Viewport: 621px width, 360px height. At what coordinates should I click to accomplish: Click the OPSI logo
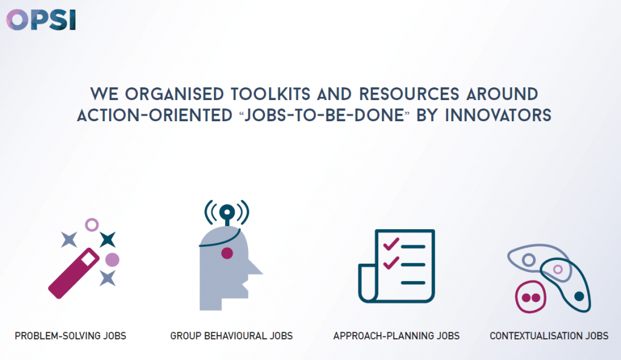pos(41,20)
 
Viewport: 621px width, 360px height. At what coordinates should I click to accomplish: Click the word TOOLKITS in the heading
pos(270,94)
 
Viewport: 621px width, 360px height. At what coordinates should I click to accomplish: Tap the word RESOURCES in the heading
pos(409,94)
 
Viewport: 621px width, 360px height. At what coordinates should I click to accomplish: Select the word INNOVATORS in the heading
pos(498,116)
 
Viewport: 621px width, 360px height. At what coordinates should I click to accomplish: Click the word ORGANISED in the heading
pos(175,94)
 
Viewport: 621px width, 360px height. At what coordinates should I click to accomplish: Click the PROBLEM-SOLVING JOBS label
pos(70,336)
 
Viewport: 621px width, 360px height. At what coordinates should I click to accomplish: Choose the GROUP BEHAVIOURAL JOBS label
pos(231,336)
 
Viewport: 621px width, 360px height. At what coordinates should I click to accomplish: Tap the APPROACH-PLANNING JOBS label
pos(397,336)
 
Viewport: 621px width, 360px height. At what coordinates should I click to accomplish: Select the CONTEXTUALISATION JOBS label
pos(549,336)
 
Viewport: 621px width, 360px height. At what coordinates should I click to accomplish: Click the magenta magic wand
pos(73,273)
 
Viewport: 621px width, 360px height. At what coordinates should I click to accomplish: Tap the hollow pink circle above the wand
pos(92,225)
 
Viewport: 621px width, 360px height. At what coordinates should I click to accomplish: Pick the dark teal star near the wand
pos(108,239)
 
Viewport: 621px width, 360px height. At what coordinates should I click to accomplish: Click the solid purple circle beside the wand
pos(112,260)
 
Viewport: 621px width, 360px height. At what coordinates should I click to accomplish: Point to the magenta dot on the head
pos(227,253)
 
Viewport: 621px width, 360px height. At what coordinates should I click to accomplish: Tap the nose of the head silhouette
pos(255,268)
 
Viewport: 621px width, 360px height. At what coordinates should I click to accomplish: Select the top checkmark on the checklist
pos(391,244)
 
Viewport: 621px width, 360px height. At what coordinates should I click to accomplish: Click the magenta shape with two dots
pos(531,297)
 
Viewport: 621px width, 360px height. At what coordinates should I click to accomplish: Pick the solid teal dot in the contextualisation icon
pos(579,296)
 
